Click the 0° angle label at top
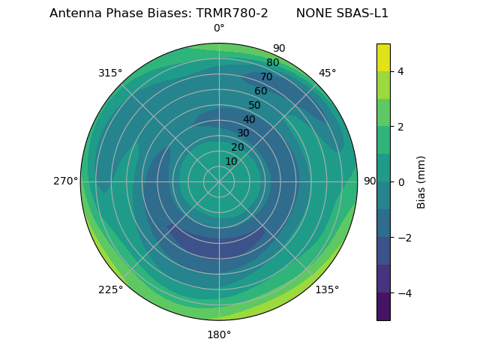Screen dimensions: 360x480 [x=219, y=28]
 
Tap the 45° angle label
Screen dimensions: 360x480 [x=327, y=73]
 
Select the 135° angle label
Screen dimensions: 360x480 [x=327, y=289]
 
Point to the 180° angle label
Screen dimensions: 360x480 [x=219, y=334]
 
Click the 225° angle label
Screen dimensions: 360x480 [x=110, y=289]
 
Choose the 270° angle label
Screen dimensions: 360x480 [x=65, y=181]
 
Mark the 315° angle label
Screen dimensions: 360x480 [x=110, y=73]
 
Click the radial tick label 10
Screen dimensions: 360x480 [x=231, y=161]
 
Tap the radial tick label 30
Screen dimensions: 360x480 [x=243, y=133]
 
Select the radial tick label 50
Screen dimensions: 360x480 [x=255, y=105]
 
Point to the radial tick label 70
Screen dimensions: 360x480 [x=266, y=76]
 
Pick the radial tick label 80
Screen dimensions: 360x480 [x=272, y=63]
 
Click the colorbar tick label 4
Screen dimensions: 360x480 [x=401, y=71]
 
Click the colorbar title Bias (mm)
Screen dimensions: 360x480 [x=421, y=181]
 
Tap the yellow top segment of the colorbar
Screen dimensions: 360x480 [x=383, y=57]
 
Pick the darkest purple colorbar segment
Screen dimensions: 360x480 [x=383, y=307]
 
